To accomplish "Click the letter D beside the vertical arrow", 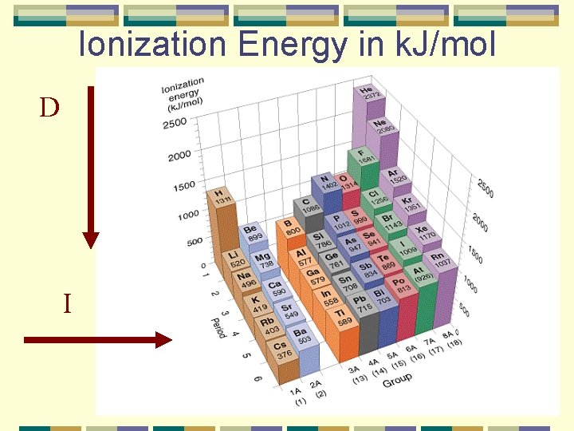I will coord(49,108).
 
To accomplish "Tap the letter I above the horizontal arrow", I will coord(68,303).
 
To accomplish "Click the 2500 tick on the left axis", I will coord(175,124).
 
